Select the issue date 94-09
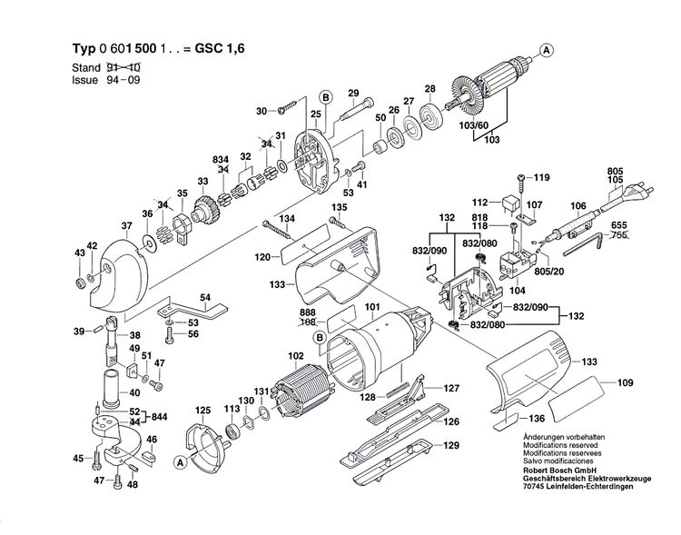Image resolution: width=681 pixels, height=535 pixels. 125,80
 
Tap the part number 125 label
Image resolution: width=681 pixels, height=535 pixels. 202,411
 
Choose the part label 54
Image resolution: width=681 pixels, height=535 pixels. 205,298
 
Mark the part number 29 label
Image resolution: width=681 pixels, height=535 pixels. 353,93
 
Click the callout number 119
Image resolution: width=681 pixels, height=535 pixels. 541,177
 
